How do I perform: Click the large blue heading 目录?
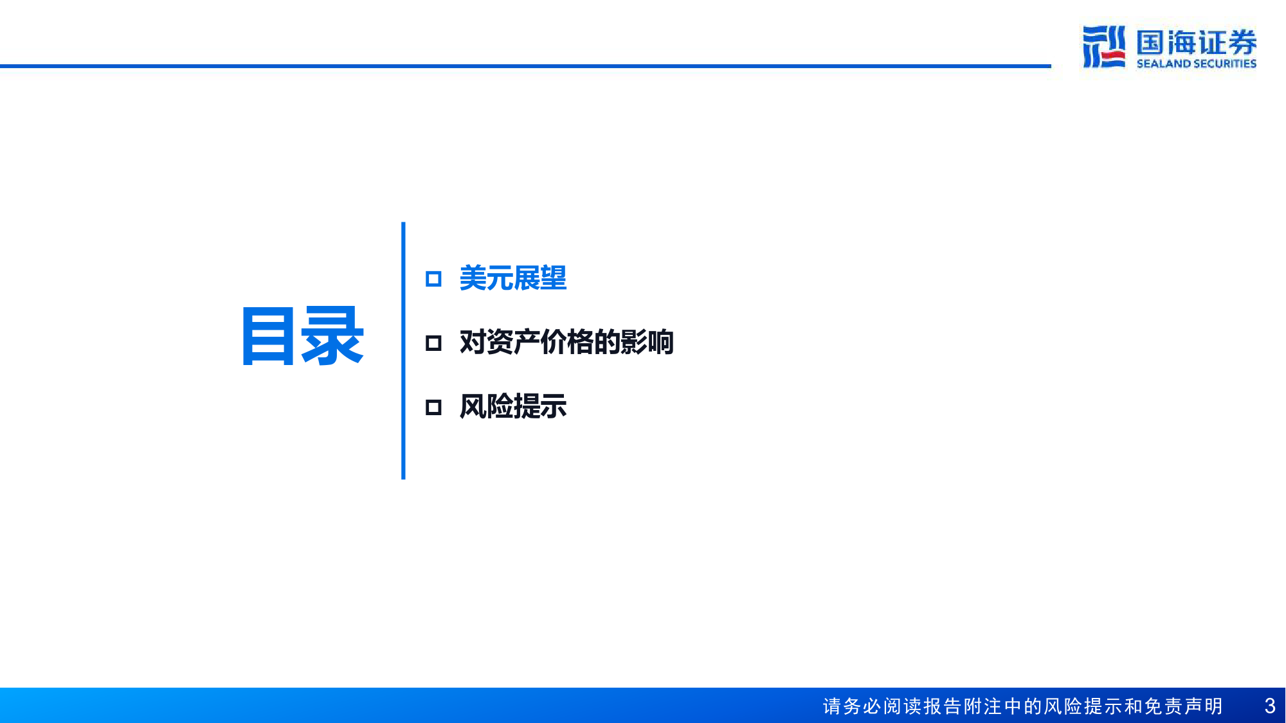pos(302,336)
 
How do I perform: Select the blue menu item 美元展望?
pos(513,278)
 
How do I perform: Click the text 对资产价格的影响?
pos(566,342)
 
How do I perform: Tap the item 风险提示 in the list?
pos(513,406)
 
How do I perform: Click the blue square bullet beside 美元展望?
pos(433,279)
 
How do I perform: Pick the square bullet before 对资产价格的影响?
pos(433,343)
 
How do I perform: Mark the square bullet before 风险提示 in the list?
pos(433,407)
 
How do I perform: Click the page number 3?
pos(1270,706)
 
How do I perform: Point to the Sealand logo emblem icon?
pos(1104,46)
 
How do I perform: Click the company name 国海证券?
pos(1197,42)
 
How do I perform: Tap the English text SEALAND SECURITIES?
pos(1197,64)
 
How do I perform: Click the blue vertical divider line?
pos(403,351)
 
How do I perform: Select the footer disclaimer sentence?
pos(1023,706)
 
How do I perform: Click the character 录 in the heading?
pos(333,336)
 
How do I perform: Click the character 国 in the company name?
pos(1150,42)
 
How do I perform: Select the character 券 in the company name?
pos(1242,42)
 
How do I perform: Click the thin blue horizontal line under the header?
pos(525,66)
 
